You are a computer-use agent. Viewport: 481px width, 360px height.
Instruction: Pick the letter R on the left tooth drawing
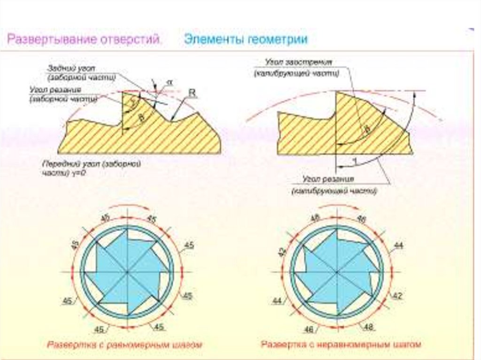coord(191,93)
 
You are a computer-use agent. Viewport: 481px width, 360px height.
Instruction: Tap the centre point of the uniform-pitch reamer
coord(128,272)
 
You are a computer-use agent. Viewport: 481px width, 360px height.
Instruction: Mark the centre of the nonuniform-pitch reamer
coord(337,272)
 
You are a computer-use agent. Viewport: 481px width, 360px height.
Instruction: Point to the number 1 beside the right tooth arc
coord(355,161)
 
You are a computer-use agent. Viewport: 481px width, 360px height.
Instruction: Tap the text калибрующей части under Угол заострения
coord(296,74)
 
